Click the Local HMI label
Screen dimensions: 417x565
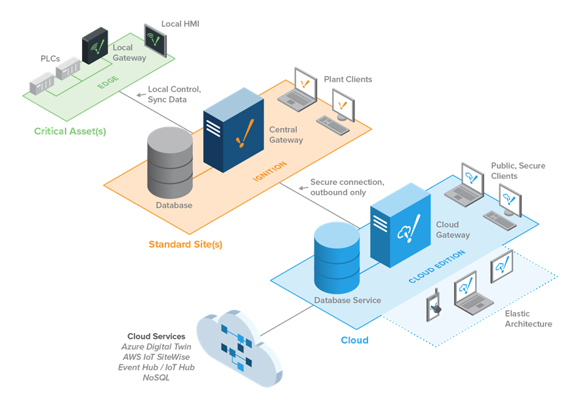click(x=180, y=24)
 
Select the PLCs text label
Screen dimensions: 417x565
click(x=51, y=58)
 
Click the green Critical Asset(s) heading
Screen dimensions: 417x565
click(x=70, y=131)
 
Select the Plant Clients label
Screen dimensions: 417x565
click(x=348, y=79)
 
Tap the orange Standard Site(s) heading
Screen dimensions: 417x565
click(x=185, y=245)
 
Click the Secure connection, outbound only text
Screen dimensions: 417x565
click(x=347, y=187)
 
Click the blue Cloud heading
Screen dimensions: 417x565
click(x=354, y=340)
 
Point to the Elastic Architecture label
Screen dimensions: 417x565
click(x=528, y=319)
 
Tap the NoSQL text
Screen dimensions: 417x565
click(x=156, y=378)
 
